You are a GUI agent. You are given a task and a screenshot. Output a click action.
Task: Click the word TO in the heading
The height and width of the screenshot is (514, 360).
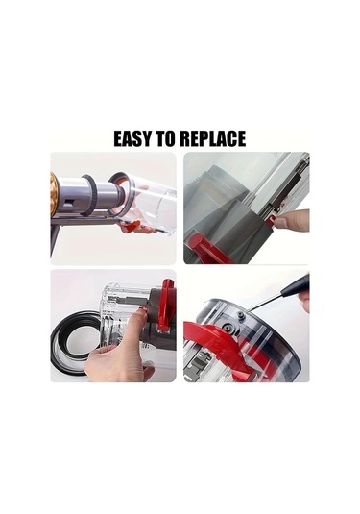click(x=167, y=138)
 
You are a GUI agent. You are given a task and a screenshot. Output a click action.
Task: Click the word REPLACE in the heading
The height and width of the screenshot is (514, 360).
click(x=213, y=138)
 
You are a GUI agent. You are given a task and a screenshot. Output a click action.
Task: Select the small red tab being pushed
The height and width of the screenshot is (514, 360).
click(x=271, y=220)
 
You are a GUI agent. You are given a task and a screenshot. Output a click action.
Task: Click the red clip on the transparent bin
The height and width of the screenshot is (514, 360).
click(x=166, y=308)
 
